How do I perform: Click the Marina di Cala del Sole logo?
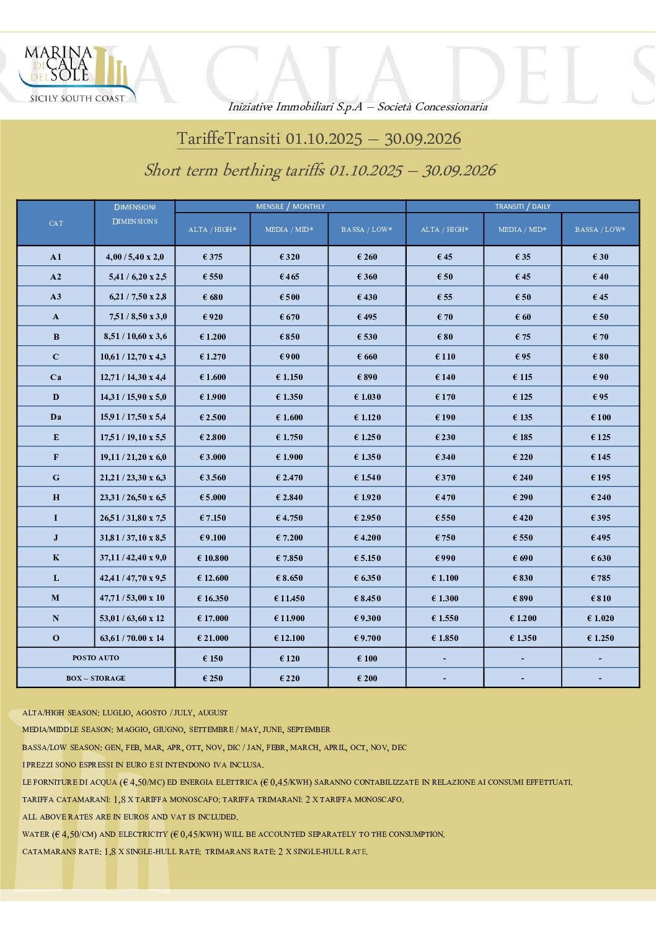point(74,73)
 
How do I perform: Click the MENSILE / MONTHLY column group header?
point(290,206)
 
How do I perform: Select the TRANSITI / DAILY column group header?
point(523,206)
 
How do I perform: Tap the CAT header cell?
point(56,223)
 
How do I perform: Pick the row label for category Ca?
point(56,377)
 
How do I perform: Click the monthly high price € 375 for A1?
point(213,257)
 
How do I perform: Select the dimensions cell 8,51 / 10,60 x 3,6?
point(135,337)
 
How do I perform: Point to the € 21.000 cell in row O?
point(213,638)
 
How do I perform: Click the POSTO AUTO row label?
point(95,658)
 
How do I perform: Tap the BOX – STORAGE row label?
point(95,678)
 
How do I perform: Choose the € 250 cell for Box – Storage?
point(213,678)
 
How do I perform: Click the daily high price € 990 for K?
point(445,558)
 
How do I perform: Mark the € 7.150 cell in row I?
point(213,518)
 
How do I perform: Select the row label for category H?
point(56,497)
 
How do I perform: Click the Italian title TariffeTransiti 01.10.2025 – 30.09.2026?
point(319,139)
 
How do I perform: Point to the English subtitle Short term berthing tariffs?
point(320,170)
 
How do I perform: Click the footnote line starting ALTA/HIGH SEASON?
point(125,713)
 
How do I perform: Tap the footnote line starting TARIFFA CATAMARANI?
point(213,800)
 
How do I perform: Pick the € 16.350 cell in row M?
point(213,598)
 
